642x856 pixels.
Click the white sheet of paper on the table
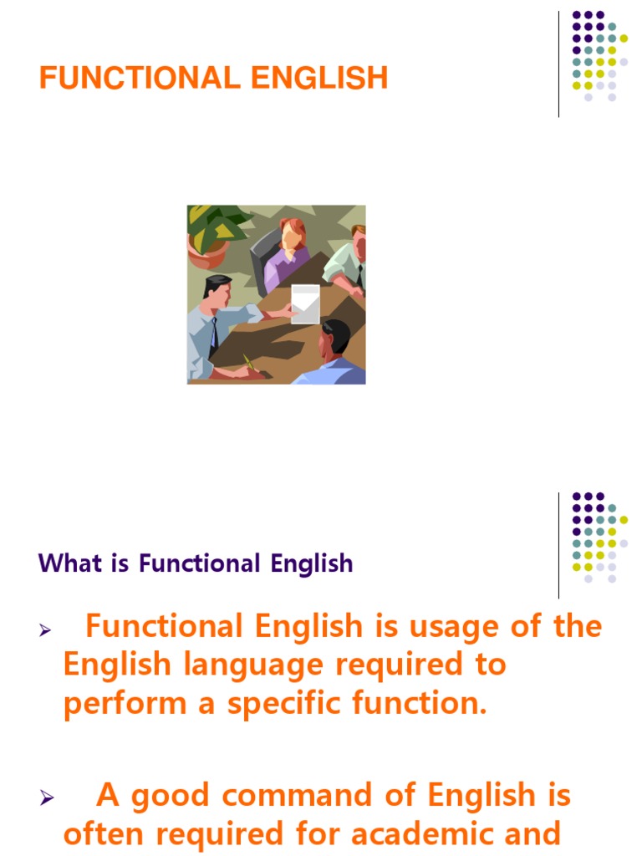coord(304,303)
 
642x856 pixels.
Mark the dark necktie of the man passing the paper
coord(214,334)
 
